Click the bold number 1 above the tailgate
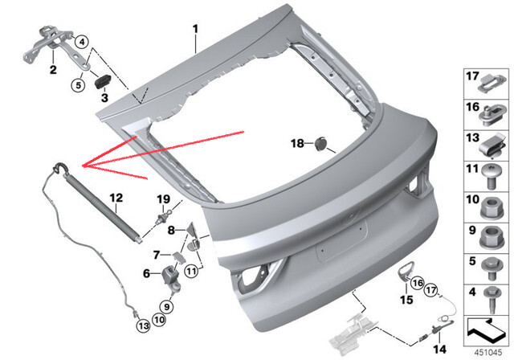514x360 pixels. click(x=195, y=29)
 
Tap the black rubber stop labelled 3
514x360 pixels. click(x=103, y=81)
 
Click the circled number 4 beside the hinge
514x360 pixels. click(x=82, y=42)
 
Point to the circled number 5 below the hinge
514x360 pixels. click(x=79, y=85)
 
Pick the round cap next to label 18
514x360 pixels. click(x=320, y=144)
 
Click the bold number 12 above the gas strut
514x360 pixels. click(x=116, y=198)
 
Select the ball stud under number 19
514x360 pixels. click(x=164, y=216)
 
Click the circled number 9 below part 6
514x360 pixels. click(x=167, y=306)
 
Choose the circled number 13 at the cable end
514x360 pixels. click(x=143, y=325)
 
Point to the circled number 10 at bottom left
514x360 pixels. click(x=159, y=319)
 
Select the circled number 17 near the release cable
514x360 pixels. click(x=431, y=290)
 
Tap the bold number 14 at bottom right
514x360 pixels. click(x=439, y=349)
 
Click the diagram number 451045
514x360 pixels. click(x=488, y=353)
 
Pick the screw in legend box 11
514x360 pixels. click(x=492, y=177)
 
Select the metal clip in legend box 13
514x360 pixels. click(x=492, y=146)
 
